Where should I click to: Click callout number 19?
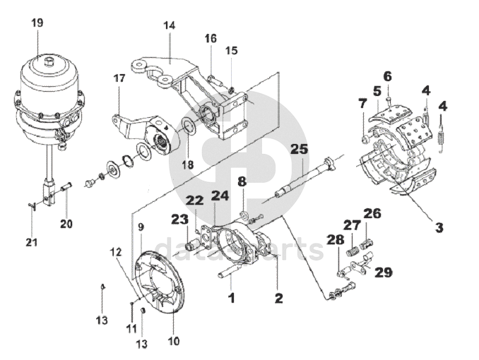[x=37, y=23]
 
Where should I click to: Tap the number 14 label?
[x=170, y=25]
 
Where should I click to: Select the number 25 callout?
[x=299, y=150]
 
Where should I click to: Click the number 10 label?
[x=174, y=341]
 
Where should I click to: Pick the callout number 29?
[x=384, y=272]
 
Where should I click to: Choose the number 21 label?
[x=32, y=243]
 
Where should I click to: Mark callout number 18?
[x=188, y=165]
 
